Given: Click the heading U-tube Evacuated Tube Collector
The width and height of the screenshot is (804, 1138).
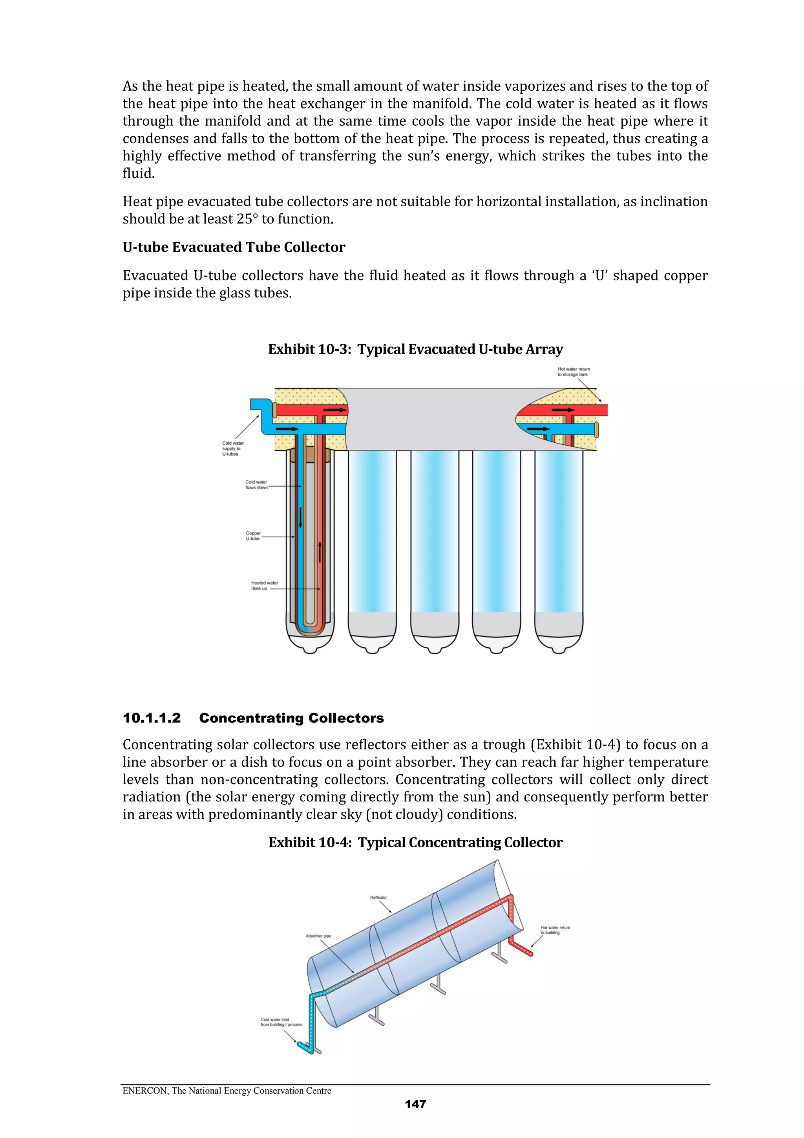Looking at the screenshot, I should (234, 247).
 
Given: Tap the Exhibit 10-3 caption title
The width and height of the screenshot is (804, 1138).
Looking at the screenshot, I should (415, 350).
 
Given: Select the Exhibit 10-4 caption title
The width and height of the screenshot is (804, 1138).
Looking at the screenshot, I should (415, 843).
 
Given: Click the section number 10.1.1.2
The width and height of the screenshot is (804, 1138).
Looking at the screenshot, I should (152, 718).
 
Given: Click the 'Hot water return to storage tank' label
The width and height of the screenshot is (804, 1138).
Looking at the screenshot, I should (574, 372).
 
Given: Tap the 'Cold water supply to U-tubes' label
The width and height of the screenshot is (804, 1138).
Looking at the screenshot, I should (232, 449).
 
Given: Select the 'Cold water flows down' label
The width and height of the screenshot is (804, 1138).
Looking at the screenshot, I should (256, 485).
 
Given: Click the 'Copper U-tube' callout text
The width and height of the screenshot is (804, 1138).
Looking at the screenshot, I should (253, 536).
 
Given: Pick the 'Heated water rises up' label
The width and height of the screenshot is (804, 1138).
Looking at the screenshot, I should (264, 585).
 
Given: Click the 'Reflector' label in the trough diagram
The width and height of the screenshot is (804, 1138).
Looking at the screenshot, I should (378, 898).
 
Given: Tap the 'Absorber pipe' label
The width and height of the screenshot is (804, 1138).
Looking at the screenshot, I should (318, 936).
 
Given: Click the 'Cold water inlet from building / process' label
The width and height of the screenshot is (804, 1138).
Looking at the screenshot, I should (281, 1022).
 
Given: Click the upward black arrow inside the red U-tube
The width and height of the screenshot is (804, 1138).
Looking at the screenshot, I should (320, 552).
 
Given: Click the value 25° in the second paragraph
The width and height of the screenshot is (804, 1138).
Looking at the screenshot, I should (247, 219).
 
